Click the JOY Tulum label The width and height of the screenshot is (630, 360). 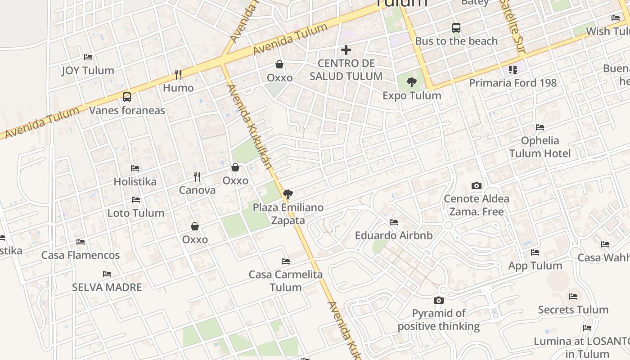click(88, 71)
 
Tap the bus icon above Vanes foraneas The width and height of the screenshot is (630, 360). click(127, 97)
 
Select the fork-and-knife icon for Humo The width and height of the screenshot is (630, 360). click(178, 75)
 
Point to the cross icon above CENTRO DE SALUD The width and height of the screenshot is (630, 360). click(346, 50)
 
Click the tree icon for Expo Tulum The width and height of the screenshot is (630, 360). click(411, 82)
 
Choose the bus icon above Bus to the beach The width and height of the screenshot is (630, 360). click(456, 28)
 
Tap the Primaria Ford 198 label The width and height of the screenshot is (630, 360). click(513, 83)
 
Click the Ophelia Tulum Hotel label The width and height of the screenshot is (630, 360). click(540, 147)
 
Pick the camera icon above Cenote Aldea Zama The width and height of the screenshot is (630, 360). click(476, 185)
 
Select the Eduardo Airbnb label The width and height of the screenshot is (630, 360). click(394, 235)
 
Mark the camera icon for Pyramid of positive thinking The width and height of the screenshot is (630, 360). click(439, 300)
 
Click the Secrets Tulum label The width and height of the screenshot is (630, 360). click(573, 310)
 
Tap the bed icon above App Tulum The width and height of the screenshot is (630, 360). click(535, 252)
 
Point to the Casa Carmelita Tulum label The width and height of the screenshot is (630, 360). click(286, 281)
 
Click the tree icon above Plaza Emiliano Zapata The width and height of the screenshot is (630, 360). click(288, 194)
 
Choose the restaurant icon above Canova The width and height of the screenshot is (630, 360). click(197, 176)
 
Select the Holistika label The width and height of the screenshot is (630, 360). click(135, 182)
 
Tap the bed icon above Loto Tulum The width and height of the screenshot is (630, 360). click(136, 200)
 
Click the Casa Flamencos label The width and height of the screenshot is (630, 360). click(81, 255)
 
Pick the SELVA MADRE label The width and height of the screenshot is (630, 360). click(107, 287)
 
